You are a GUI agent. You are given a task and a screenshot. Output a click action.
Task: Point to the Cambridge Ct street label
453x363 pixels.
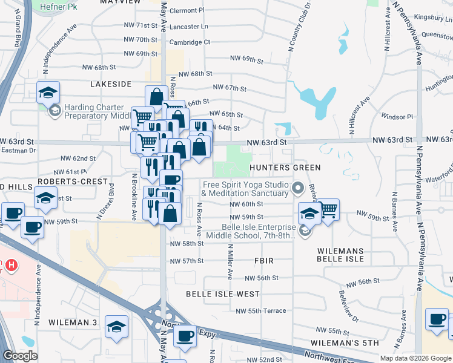point(190,42)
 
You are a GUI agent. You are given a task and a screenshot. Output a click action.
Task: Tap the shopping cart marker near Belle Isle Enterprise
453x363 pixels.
point(328,210)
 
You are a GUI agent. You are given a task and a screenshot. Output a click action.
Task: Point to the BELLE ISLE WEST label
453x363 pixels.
point(214,293)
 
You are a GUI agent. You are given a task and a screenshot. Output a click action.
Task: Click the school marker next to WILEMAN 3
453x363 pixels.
point(116,326)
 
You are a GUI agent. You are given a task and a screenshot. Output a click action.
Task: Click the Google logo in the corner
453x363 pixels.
point(20,356)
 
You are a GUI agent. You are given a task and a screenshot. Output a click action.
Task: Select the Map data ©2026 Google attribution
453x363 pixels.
point(415,358)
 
